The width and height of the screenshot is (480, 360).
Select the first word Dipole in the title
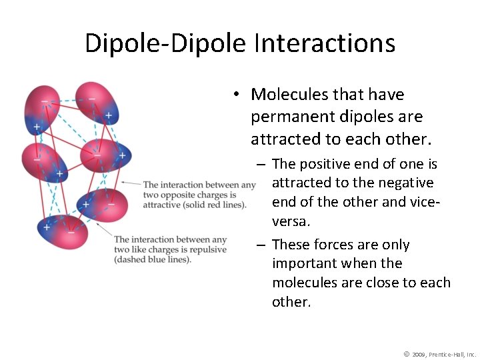click(x=124, y=43)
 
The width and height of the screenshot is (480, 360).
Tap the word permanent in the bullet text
click(x=291, y=117)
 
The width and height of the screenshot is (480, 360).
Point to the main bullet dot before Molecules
click(x=237, y=95)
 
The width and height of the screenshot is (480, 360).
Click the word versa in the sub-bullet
click(x=291, y=221)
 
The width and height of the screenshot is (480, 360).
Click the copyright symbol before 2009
click(x=407, y=353)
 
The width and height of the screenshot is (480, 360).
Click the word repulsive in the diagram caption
click(x=206, y=250)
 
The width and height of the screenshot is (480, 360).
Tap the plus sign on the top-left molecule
click(x=36, y=126)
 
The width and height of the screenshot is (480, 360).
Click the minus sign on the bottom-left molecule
click(x=71, y=233)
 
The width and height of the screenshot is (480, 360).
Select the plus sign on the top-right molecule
click(x=108, y=115)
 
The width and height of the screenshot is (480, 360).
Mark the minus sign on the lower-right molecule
click(x=111, y=204)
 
